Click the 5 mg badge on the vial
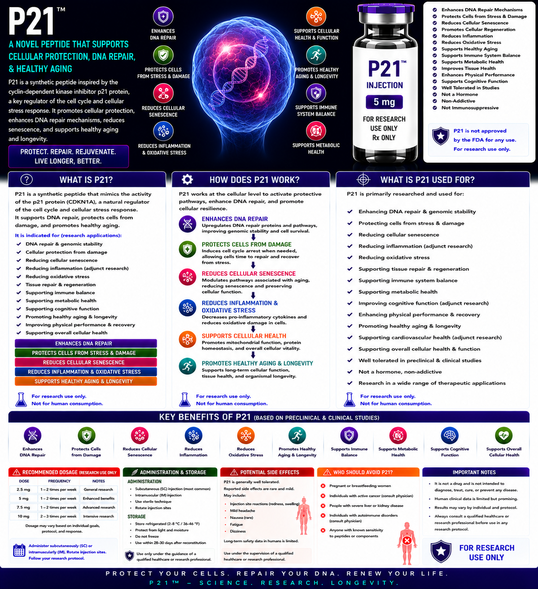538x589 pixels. (x=384, y=102)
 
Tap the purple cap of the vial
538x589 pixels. (x=386, y=9)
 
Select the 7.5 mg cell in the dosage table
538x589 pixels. (x=23, y=507)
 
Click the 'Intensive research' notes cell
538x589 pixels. (x=98, y=516)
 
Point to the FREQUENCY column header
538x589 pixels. (x=59, y=481)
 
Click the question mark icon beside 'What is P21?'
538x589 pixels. (x=26, y=180)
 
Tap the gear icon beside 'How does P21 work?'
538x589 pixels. (x=187, y=180)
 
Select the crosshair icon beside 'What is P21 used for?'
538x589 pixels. (x=363, y=180)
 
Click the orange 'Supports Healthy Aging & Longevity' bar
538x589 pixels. (x=86, y=381)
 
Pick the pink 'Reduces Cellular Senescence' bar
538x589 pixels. (x=86, y=362)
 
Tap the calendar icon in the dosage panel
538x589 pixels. (x=19, y=550)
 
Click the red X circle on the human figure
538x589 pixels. (x=407, y=541)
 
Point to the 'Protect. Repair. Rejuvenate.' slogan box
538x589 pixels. (x=68, y=156)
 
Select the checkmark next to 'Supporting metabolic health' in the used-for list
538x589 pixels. (x=350, y=291)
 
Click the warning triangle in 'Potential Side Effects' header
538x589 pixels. (x=234, y=472)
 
